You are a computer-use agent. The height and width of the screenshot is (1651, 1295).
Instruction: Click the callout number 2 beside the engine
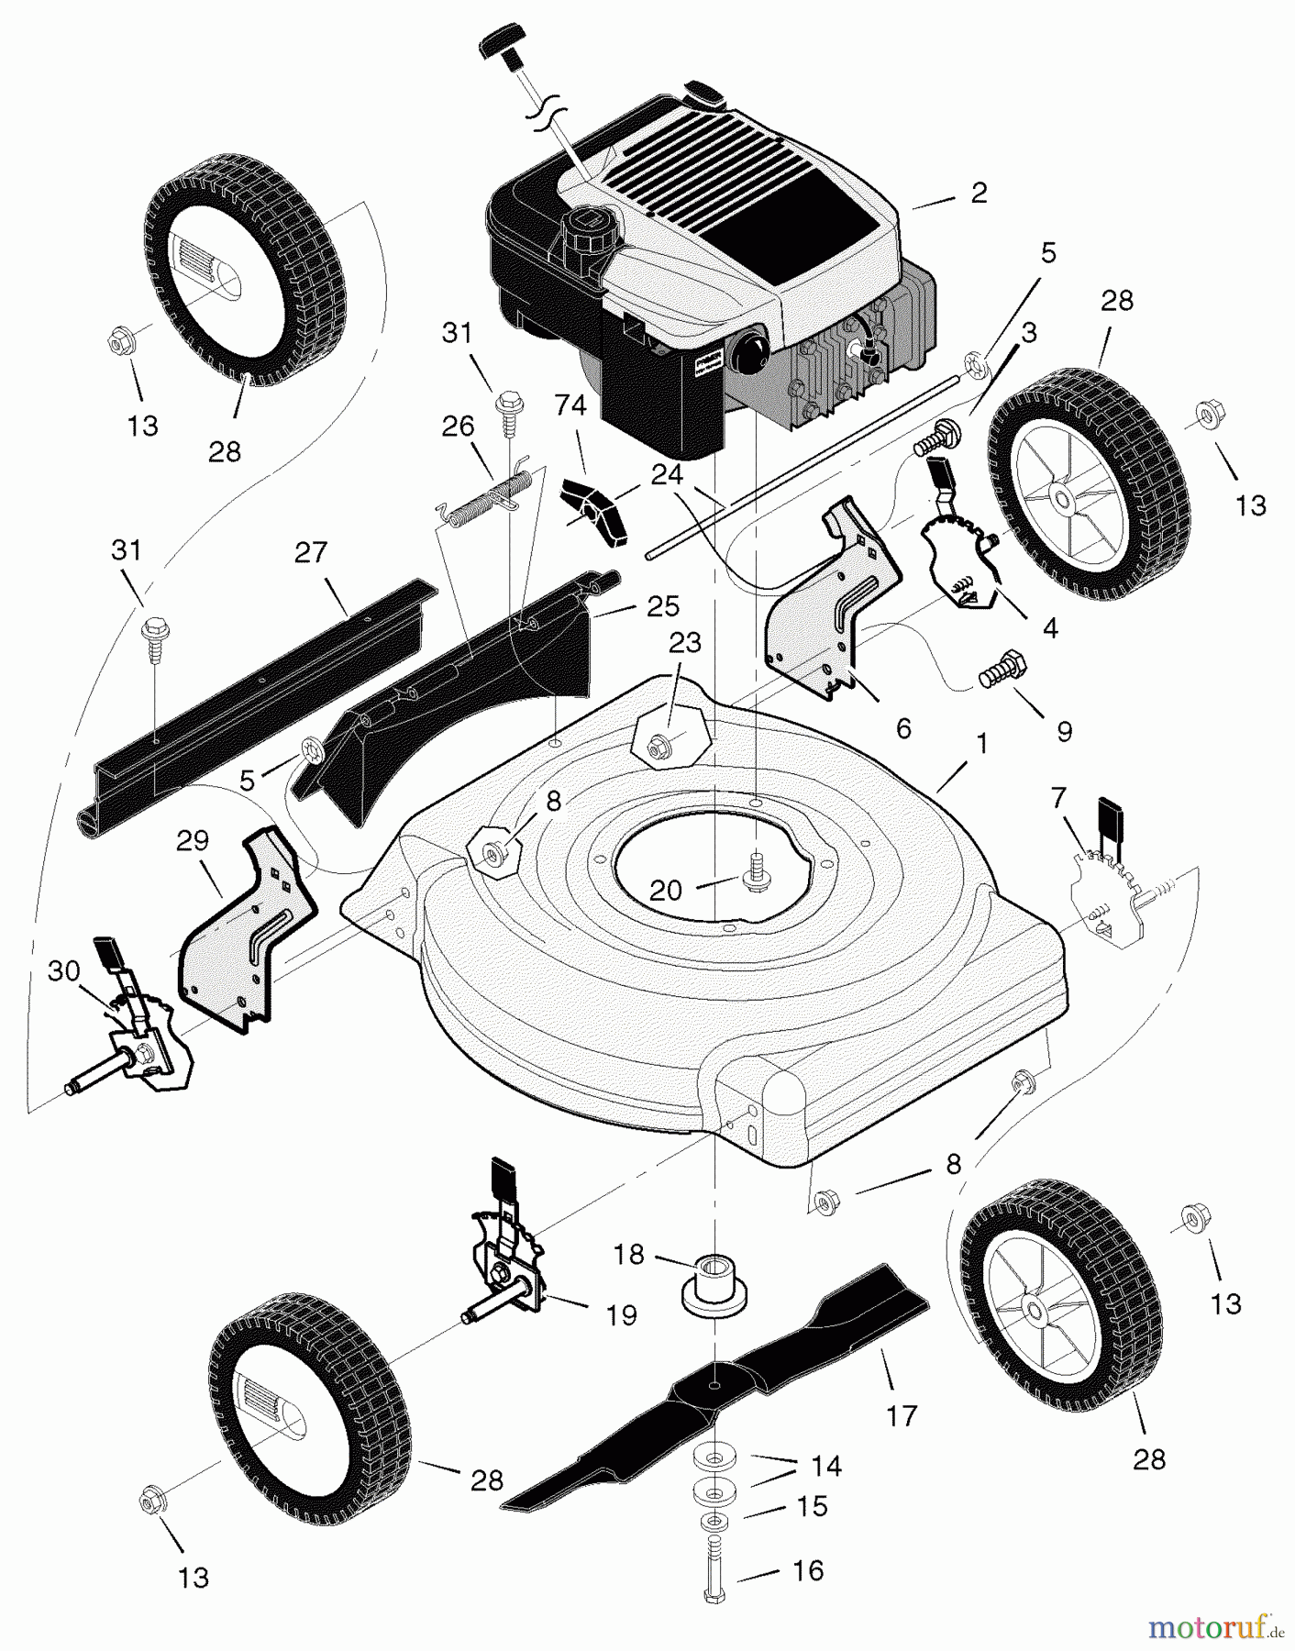(979, 193)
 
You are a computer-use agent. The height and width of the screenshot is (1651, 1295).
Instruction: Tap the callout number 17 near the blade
(902, 1415)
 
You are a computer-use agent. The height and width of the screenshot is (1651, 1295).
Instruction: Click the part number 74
(570, 404)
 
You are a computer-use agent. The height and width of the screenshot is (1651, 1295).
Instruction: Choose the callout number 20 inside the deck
(666, 890)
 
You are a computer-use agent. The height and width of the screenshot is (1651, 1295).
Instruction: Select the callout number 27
(311, 552)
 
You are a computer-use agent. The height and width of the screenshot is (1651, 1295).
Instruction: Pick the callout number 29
(193, 840)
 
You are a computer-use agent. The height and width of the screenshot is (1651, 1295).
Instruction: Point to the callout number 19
(622, 1315)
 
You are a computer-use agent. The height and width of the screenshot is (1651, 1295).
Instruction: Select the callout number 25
(663, 606)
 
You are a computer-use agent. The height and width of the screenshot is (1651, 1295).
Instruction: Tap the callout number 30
(63, 970)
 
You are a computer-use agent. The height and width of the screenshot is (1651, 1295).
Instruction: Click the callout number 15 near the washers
(813, 1506)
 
